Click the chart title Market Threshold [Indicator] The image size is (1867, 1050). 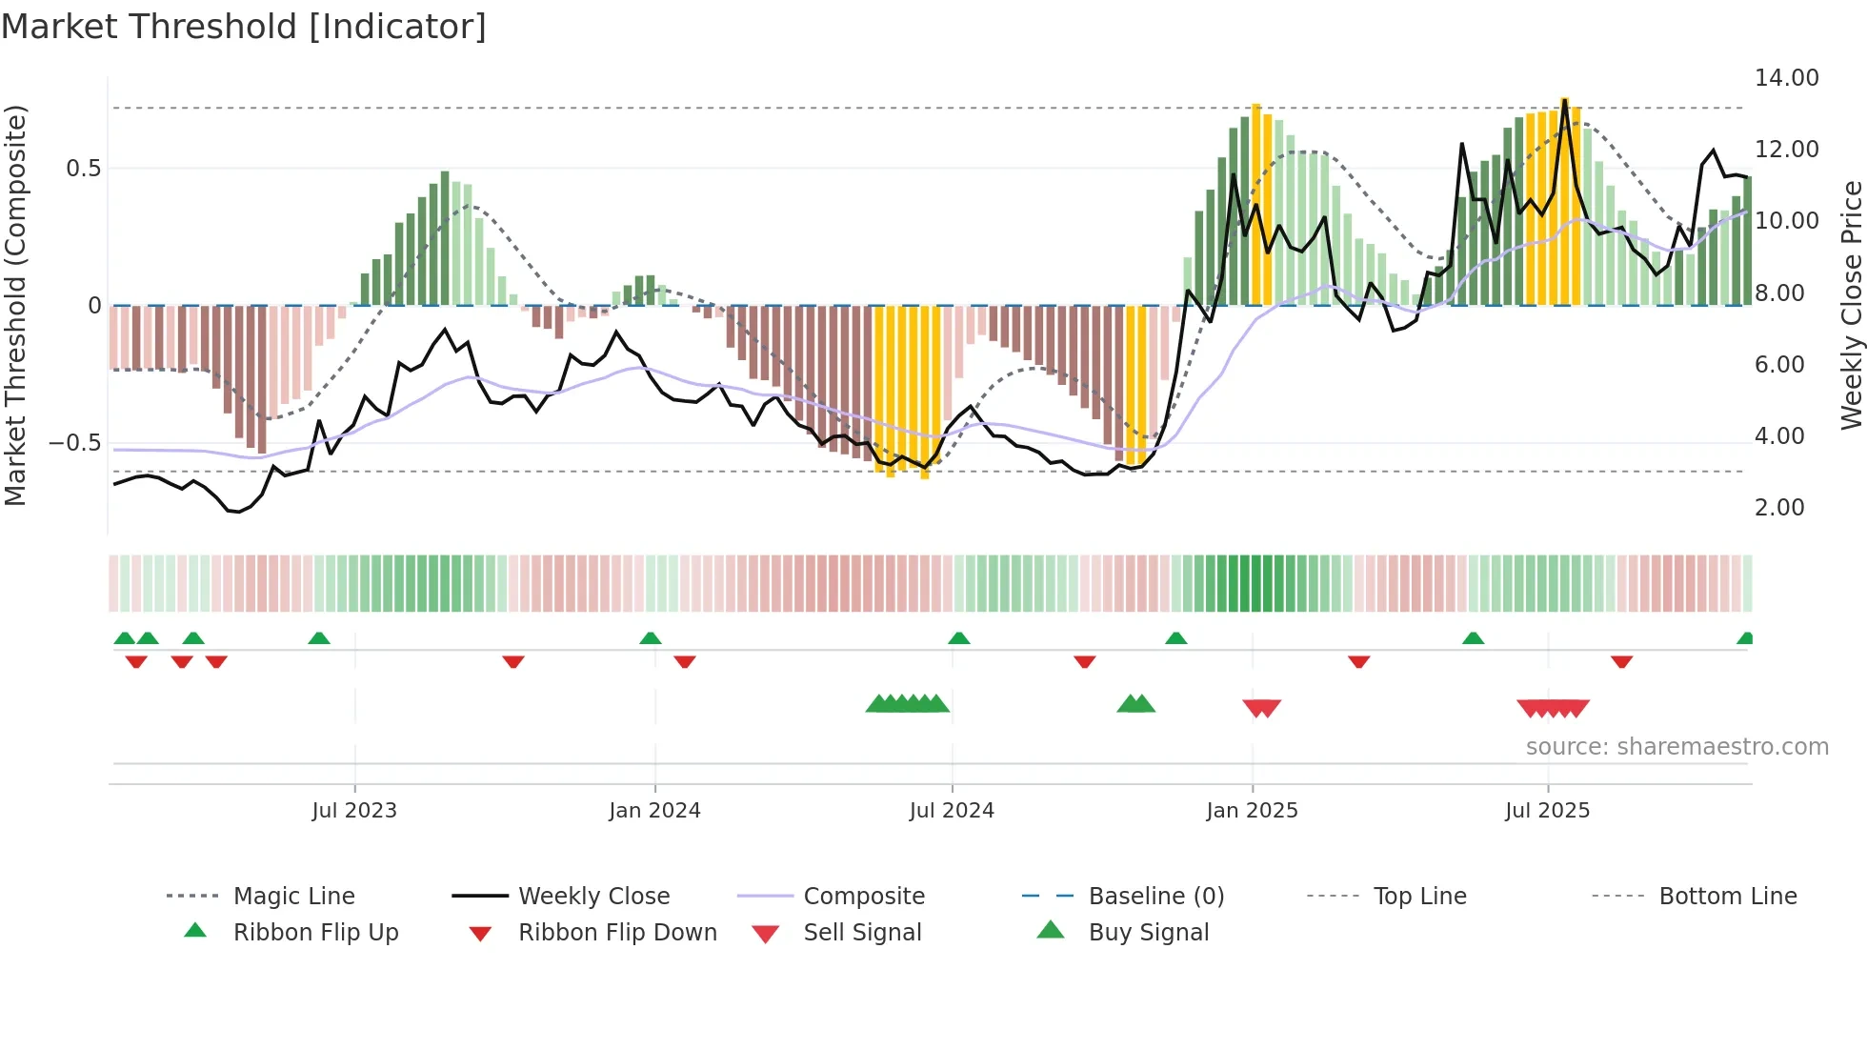point(244,27)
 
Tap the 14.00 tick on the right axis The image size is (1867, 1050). point(1786,78)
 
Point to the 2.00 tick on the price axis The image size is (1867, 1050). point(1778,508)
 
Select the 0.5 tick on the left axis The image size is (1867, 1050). point(83,169)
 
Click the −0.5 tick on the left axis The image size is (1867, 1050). point(74,443)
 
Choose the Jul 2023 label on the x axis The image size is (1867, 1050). point(353,811)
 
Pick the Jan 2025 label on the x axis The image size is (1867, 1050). point(1251,811)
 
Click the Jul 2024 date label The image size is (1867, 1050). point(951,811)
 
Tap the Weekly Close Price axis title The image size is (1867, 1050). point(1851,305)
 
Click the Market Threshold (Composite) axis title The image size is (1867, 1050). point(15,305)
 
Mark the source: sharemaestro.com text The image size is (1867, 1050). point(1676,747)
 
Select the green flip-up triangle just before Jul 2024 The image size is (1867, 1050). point(958,638)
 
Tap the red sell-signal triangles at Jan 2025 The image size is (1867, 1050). point(1261,708)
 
